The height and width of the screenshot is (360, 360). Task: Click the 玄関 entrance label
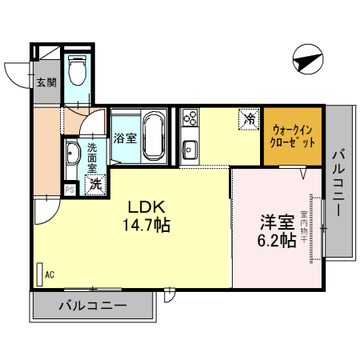(46, 82)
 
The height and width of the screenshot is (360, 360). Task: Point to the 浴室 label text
(124, 138)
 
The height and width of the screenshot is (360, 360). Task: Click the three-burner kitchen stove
(190, 120)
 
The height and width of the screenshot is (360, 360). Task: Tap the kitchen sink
(190, 149)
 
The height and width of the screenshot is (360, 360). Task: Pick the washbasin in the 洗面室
(72, 152)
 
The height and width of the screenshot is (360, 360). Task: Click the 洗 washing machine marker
(94, 183)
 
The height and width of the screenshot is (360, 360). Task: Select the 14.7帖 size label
(145, 226)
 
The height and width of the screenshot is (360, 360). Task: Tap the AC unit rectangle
(40, 273)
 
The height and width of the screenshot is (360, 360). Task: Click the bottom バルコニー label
(92, 306)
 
